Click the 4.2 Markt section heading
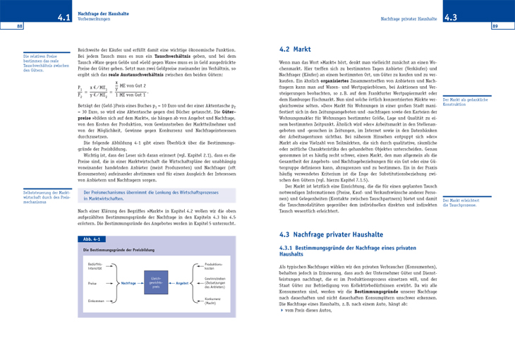[x=296, y=50]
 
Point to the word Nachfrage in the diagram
[x=128, y=282]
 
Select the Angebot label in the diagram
[x=182, y=282]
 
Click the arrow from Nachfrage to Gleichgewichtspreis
[x=142, y=282]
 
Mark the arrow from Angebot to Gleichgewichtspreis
[x=170, y=282]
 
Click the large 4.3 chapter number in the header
[x=452, y=17]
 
